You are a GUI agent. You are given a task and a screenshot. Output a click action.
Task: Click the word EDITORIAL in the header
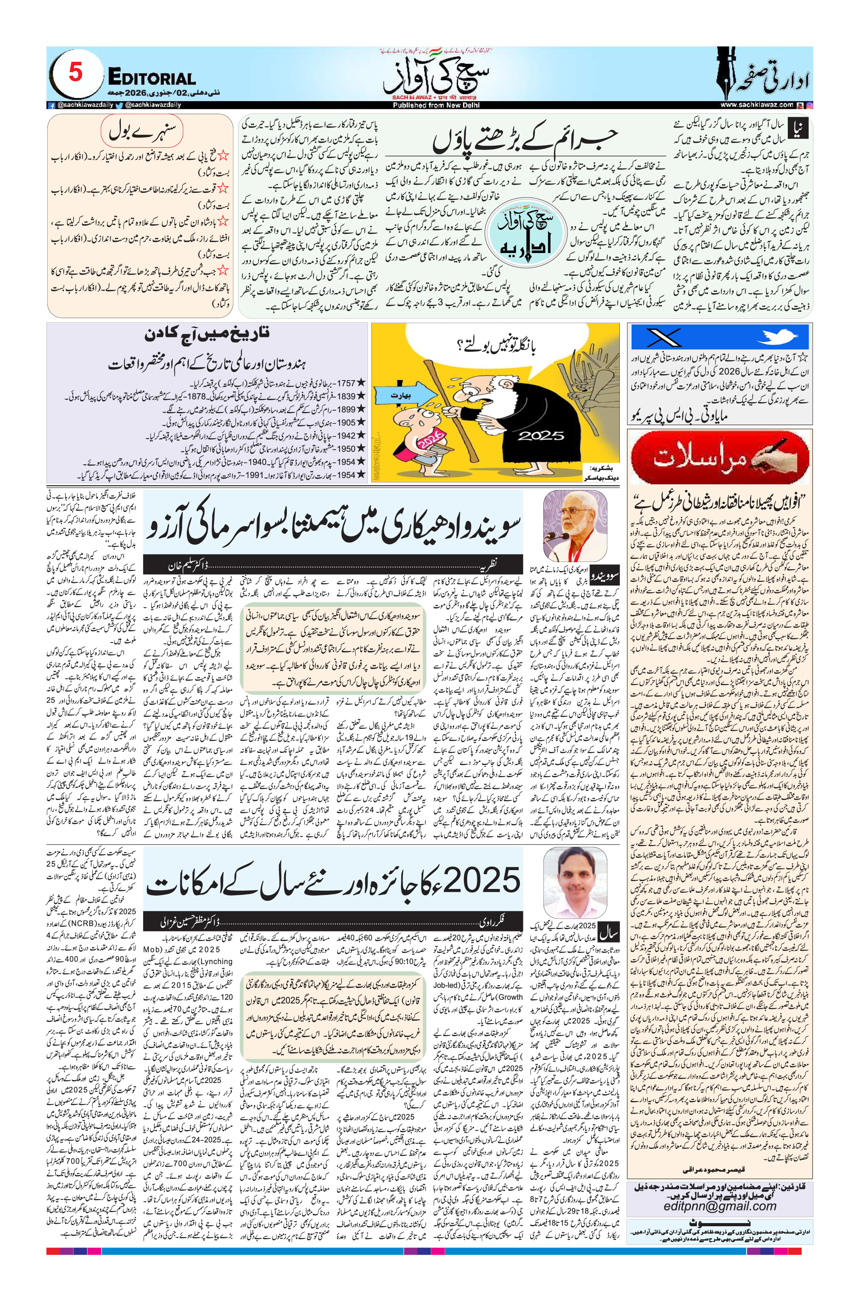(152, 78)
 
